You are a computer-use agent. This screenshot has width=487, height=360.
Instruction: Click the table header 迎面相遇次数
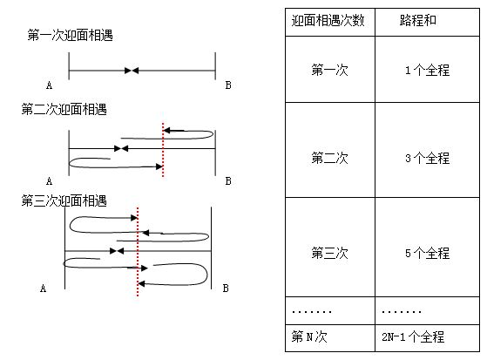click(328, 21)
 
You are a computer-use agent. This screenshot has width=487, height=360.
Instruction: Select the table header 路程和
click(417, 20)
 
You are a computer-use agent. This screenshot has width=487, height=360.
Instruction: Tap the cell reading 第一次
click(329, 70)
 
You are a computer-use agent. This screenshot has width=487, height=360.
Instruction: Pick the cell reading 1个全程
click(427, 70)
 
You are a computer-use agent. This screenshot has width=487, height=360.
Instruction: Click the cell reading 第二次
click(329, 158)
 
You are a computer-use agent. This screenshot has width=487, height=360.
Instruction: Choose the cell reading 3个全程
click(427, 158)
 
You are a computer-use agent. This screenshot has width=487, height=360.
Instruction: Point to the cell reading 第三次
click(329, 253)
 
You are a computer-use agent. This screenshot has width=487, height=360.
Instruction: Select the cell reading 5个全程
click(427, 253)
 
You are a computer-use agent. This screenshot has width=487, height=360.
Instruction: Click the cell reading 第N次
click(309, 336)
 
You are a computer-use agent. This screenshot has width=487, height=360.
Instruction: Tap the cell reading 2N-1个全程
click(413, 336)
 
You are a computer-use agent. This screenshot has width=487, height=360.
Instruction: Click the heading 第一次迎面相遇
click(70, 35)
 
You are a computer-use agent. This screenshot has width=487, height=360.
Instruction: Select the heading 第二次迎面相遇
click(64, 109)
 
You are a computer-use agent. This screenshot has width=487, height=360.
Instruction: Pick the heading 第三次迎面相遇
click(64, 200)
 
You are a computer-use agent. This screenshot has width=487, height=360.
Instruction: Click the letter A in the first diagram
click(49, 85)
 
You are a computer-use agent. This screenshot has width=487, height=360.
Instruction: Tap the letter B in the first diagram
click(228, 85)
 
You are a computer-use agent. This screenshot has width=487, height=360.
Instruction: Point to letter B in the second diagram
click(228, 181)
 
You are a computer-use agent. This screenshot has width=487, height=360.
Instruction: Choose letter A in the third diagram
click(44, 289)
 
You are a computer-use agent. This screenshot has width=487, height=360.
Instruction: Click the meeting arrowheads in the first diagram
click(132, 71)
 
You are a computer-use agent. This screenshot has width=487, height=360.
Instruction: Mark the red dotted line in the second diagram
click(163, 150)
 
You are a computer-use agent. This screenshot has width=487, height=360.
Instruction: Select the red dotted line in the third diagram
click(138, 252)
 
